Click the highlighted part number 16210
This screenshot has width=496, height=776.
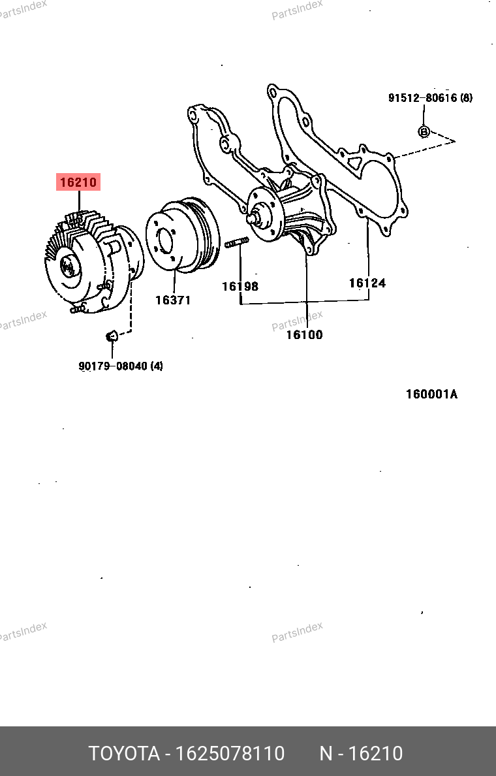click(x=79, y=182)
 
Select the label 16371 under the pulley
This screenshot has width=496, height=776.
click(x=173, y=300)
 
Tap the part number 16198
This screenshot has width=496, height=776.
click(x=240, y=286)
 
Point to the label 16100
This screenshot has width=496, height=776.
click(x=304, y=335)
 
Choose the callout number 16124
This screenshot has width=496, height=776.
click(x=367, y=283)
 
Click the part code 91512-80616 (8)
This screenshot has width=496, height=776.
click(x=430, y=98)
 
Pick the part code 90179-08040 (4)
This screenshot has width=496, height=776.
click(x=121, y=366)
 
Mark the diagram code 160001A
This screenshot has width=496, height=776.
click(x=431, y=394)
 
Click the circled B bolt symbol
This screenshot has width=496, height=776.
click(x=424, y=131)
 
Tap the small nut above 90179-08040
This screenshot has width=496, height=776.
click(x=111, y=336)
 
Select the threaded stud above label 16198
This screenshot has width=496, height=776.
click(x=236, y=244)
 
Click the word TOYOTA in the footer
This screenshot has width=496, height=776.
click(x=124, y=754)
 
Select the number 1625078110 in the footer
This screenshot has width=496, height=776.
click(x=228, y=754)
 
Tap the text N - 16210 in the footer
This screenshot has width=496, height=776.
click(x=360, y=754)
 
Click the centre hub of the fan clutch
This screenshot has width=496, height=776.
click(x=67, y=265)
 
